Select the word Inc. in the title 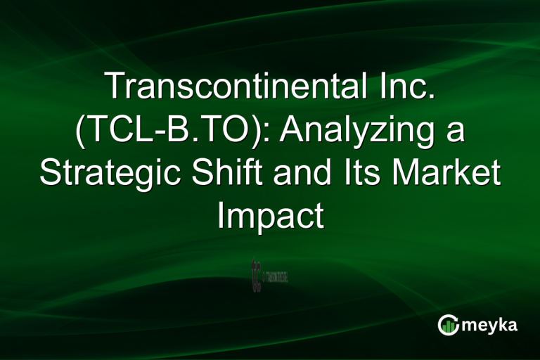click(x=401, y=89)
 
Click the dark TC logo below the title click(x=256, y=275)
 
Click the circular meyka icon click(x=449, y=324)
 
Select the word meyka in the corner click(x=491, y=325)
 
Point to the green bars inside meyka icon click(x=449, y=326)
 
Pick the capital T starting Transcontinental click(x=113, y=89)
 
